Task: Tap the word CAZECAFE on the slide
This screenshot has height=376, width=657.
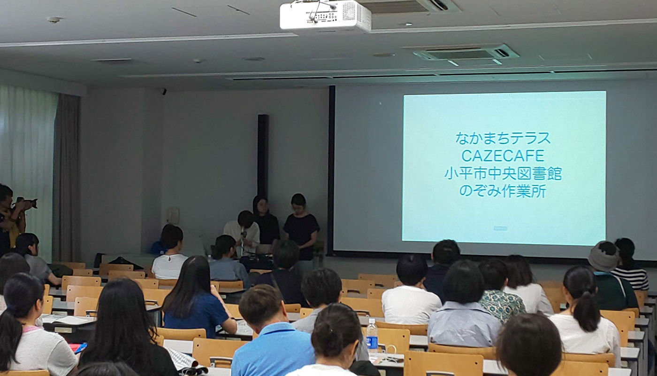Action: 503,156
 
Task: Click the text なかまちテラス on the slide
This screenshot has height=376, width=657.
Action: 503,138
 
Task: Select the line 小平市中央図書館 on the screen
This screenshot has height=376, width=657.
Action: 503,173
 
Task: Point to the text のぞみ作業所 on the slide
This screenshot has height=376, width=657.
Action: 503,192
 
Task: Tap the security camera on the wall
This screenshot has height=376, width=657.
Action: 163,91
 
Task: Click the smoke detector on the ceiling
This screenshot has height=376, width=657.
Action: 55,20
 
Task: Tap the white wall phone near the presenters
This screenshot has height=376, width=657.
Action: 173,216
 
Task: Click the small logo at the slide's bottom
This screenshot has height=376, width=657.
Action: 500,228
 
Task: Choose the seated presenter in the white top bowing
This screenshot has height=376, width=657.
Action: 242,234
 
